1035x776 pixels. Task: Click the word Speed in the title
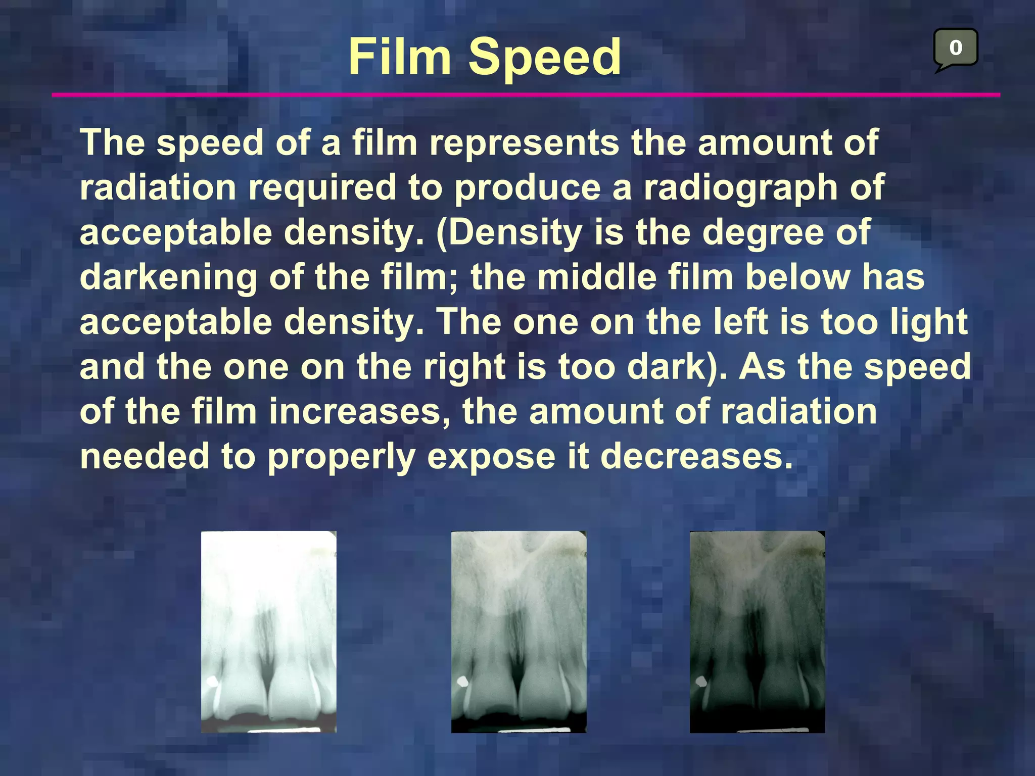coord(544,58)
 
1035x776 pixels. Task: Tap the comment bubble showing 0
coord(955,48)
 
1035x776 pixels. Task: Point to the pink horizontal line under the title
coord(526,94)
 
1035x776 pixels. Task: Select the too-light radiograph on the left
coord(268,632)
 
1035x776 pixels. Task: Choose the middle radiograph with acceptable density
coord(519,632)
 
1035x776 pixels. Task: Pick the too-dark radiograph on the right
coord(757,632)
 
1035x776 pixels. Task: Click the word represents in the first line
coord(524,143)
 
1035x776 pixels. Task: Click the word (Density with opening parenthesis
coord(508,232)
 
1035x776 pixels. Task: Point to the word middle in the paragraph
coord(596,277)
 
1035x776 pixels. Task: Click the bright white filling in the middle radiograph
coord(462,682)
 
